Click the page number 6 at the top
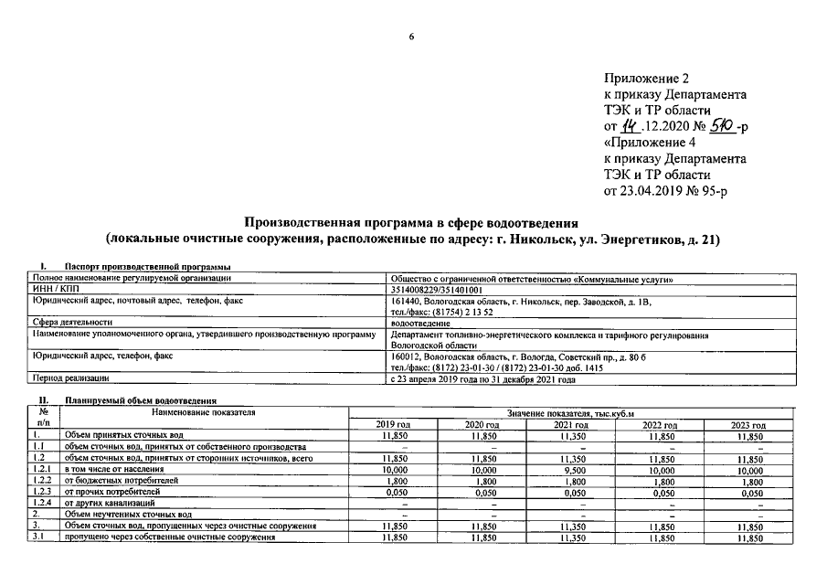(x=412, y=37)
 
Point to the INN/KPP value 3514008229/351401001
(x=436, y=289)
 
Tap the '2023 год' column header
(x=748, y=425)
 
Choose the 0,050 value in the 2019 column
(x=394, y=492)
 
